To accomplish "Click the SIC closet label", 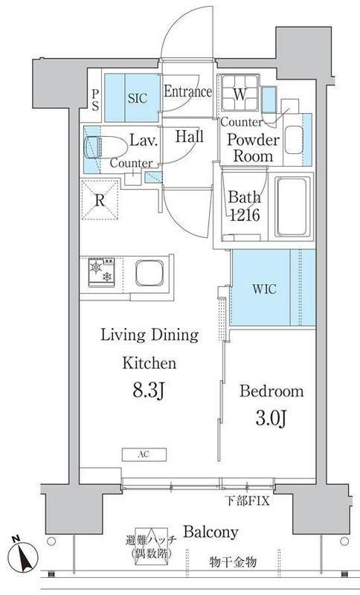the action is click(x=137, y=98).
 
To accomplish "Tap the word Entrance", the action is click(x=187, y=91).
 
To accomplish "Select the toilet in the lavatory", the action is click(x=106, y=147).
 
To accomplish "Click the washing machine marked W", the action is click(x=240, y=92).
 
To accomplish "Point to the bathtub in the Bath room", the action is click(x=292, y=207).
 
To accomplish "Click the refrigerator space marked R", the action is click(x=100, y=199).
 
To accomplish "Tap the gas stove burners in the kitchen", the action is click(x=101, y=272).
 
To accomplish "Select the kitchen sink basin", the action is click(x=150, y=273).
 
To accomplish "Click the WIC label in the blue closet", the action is click(x=264, y=289).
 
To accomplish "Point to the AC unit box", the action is click(x=144, y=454).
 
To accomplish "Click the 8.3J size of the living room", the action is click(x=148, y=391).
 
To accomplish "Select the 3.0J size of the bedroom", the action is click(x=271, y=419).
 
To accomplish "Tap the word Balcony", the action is click(x=210, y=532).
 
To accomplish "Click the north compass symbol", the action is click(x=23, y=553).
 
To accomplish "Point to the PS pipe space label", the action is click(x=95, y=100).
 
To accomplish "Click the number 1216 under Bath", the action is click(x=245, y=215).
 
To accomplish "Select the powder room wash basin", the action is click(x=294, y=140).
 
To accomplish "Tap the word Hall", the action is click(x=189, y=137).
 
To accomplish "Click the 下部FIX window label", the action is click(x=248, y=501).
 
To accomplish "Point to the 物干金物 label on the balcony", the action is click(x=233, y=562).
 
